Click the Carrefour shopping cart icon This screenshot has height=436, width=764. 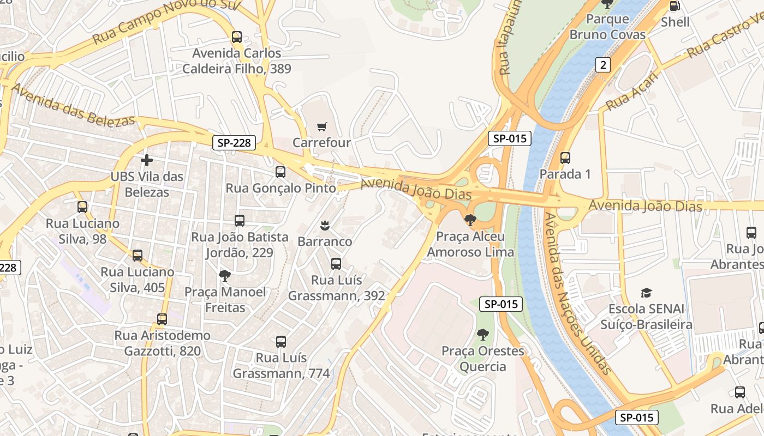[x=322, y=126]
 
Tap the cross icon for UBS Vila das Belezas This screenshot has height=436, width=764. [x=147, y=160]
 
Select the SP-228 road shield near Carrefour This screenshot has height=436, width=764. [x=234, y=143]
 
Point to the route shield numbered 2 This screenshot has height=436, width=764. [x=602, y=65]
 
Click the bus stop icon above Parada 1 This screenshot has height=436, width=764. [x=565, y=158]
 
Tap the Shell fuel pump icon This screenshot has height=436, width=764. [x=675, y=7]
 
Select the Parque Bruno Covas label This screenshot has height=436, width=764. [x=607, y=27]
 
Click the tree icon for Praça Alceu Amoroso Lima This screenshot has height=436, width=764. [x=470, y=220]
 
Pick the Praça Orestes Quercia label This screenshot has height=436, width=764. [x=482, y=359]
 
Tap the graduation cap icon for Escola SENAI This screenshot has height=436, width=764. [x=647, y=293]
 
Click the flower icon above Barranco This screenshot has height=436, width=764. [x=325, y=225]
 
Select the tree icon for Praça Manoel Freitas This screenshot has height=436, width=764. [x=225, y=276]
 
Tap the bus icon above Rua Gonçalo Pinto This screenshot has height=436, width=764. [x=280, y=172]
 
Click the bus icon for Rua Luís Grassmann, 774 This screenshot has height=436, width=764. [x=281, y=342]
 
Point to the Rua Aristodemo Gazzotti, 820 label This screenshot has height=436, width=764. [x=162, y=343]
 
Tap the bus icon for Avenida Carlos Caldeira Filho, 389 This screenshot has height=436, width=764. [x=237, y=37]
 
